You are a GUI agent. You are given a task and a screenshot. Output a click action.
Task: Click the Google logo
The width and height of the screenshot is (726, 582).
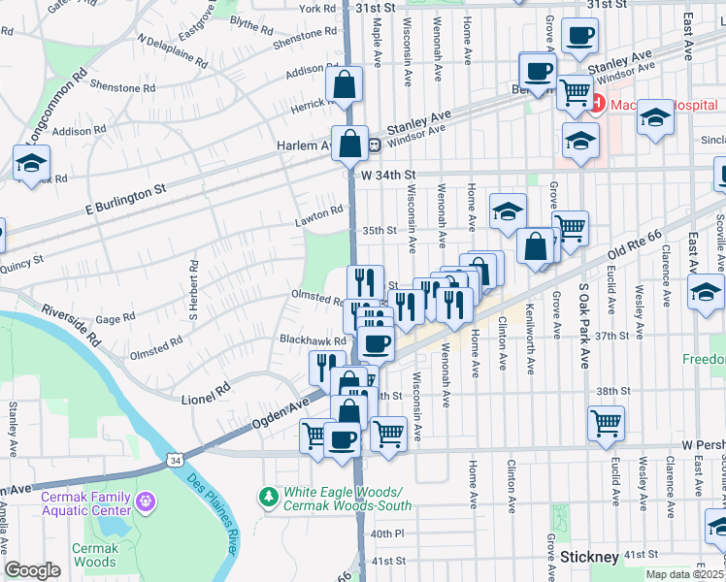[33, 570]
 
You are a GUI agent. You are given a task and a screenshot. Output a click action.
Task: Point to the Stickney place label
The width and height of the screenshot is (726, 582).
[589, 557]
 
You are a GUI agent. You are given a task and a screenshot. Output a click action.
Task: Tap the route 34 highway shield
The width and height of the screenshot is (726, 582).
[173, 459]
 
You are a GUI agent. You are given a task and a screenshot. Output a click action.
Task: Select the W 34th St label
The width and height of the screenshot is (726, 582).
[387, 175]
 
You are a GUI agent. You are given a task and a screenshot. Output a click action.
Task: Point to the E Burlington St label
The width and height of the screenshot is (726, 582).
[126, 195]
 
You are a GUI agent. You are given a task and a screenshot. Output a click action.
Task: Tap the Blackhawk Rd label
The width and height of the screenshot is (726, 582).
[313, 341]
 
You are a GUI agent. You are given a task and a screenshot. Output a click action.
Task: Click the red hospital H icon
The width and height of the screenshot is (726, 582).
[594, 102]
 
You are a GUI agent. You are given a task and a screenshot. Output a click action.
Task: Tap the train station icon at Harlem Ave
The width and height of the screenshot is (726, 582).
[373, 145]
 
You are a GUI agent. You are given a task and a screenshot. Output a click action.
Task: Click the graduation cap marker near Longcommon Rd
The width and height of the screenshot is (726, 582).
[31, 163]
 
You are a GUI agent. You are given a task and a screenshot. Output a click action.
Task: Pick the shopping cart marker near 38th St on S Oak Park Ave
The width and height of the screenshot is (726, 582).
[606, 422]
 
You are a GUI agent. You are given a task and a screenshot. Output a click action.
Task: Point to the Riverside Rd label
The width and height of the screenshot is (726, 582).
[71, 326]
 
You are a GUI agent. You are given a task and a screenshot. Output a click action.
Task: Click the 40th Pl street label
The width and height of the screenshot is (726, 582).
[386, 533]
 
